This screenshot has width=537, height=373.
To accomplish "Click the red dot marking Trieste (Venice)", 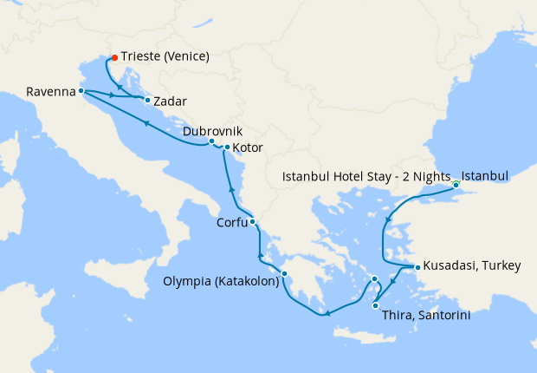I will click(x=114, y=59).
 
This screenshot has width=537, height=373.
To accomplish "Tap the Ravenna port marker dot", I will click(x=81, y=90).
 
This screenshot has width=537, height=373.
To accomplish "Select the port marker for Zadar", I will click(x=147, y=101).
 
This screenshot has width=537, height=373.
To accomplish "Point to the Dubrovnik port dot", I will click(x=211, y=141).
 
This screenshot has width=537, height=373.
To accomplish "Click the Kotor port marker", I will click(x=227, y=147).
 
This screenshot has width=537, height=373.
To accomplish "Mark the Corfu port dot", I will click(x=252, y=223).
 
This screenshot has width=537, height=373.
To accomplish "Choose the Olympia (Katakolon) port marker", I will click(x=284, y=277).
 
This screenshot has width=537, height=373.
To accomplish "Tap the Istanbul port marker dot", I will click(x=456, y=183).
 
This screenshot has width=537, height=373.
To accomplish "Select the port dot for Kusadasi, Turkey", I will click(x=416, y=267).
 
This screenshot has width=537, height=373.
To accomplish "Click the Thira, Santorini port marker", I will click(x=375, y=305).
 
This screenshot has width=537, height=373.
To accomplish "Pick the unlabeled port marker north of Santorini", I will click(x=374, y=279).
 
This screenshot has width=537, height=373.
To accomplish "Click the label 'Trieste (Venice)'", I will click(x=166, y=58).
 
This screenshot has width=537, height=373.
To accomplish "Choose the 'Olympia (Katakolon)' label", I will click(x=221, y=281).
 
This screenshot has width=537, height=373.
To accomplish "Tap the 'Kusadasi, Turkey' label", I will click(x=472, y=267).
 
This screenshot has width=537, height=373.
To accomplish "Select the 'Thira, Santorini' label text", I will click(x=426, y=317).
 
